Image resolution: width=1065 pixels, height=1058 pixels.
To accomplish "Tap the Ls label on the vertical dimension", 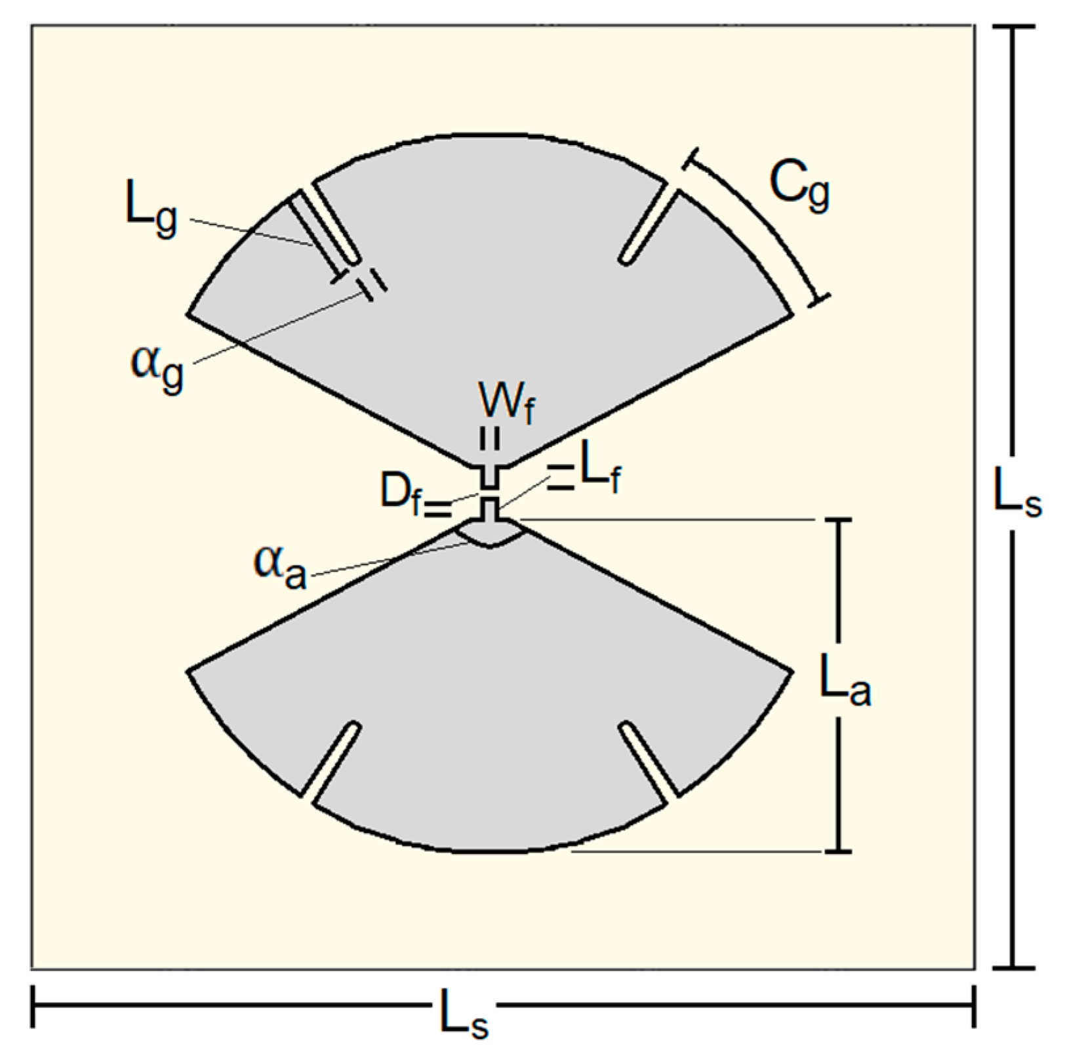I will pos(1016,494).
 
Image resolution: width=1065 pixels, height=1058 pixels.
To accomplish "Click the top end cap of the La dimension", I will pos(837,520).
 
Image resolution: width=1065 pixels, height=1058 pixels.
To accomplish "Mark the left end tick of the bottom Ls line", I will pos(33,1005).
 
